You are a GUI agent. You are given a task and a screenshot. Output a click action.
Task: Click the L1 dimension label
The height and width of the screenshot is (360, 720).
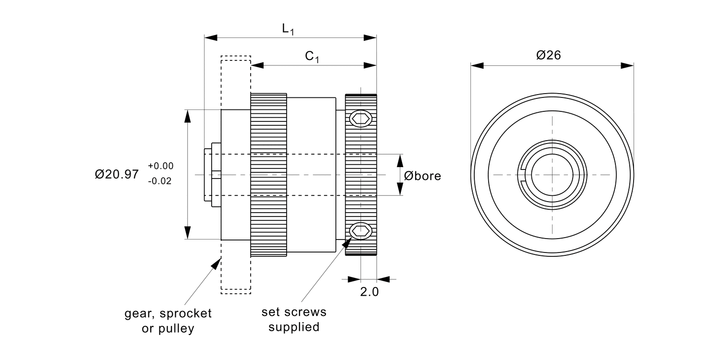(288, 29)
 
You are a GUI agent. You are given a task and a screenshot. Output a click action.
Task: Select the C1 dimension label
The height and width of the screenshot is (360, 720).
(312, 57)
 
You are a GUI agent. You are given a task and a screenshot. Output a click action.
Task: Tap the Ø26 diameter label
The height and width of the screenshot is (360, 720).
(549, 56)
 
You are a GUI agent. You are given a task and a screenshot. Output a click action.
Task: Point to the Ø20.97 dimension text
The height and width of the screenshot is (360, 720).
(117, 174)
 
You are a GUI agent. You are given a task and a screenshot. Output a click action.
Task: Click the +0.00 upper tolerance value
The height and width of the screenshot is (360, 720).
(161, 166)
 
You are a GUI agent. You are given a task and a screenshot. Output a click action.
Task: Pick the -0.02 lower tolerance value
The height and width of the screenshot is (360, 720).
(160, 182)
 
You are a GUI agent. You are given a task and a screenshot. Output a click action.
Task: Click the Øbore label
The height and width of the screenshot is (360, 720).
(422, 176)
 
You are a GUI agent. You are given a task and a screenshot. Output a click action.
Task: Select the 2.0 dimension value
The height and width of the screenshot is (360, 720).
(369, 292)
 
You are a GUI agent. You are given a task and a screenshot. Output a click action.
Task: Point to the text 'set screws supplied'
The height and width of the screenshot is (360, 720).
(294, 320)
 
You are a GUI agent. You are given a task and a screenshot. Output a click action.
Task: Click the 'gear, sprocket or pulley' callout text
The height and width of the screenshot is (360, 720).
(168, 321)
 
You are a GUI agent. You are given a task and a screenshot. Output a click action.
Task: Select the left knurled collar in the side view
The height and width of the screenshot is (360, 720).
(268, 175)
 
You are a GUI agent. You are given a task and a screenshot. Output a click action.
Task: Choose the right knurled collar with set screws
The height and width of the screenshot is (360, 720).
(361, 175)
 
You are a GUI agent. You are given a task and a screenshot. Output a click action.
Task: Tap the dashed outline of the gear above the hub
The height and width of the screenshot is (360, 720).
(236, 82)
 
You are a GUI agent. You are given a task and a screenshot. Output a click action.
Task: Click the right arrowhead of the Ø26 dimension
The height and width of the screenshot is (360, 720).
(628, 65)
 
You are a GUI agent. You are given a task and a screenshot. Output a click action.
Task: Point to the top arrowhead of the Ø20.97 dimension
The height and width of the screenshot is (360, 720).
(188, 115)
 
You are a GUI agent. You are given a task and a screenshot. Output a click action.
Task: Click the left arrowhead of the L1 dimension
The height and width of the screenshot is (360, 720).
(210, 37)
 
